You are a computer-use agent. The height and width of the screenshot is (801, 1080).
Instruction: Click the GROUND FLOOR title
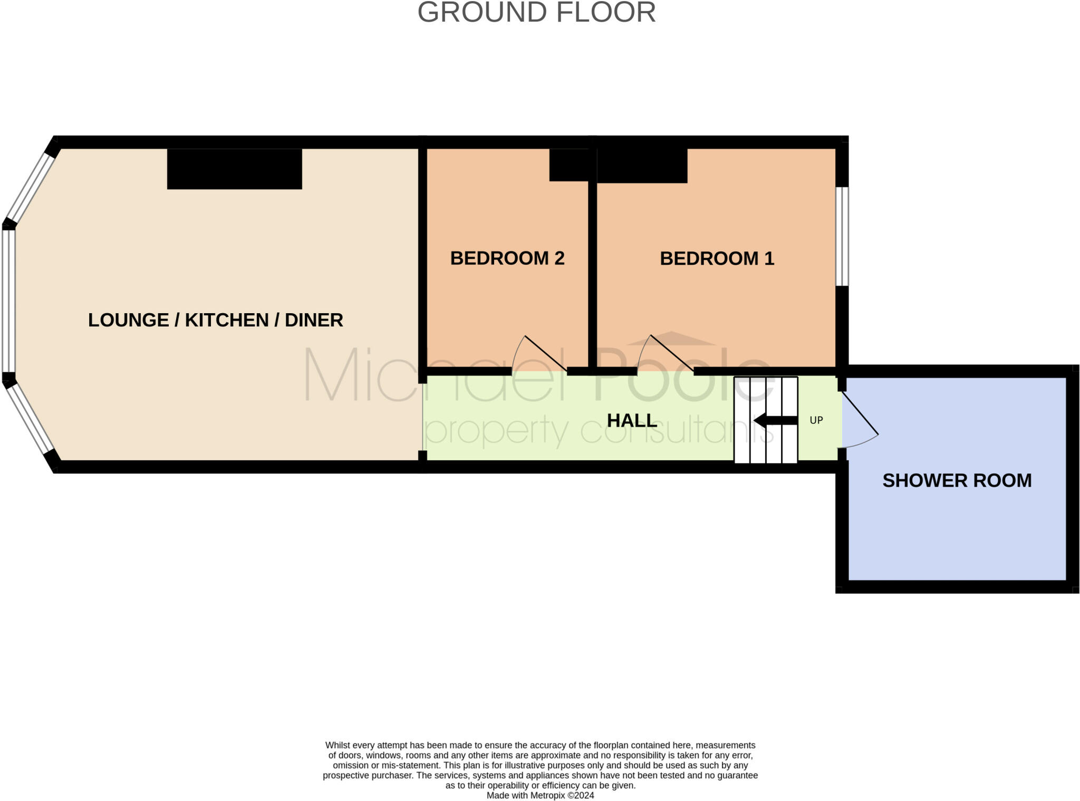click(x=536, y=13)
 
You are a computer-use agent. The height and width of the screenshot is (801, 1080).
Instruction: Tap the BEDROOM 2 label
click(x=507, y=258)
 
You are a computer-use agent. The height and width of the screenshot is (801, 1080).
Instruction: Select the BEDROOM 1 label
click(x=717, y=258)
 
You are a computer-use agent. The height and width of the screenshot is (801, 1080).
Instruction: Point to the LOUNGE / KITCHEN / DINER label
click(x=215, y=320)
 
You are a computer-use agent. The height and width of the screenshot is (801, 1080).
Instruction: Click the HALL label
click(x=632, y=420)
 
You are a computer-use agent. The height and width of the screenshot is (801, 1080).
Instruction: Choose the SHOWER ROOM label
click(x=957, y=480)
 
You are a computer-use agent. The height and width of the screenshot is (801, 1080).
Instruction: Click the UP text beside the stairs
click(x=816, y=420)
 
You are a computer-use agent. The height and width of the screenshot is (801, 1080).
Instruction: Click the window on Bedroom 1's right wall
click(x=842, y=236)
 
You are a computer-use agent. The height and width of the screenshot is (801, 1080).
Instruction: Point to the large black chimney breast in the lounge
click(x=234, y=169)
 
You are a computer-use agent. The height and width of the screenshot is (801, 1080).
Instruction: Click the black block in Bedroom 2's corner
click(x=568, y=165)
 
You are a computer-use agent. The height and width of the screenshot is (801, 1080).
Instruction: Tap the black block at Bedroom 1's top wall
click(x=642, y=166)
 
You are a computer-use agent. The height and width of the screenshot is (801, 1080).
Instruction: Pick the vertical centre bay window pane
click(x=8, y=301)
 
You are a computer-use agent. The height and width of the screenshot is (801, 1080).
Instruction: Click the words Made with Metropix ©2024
click(x=540, y=795)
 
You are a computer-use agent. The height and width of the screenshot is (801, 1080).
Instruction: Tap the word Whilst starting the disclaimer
click(x=337, y=745)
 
